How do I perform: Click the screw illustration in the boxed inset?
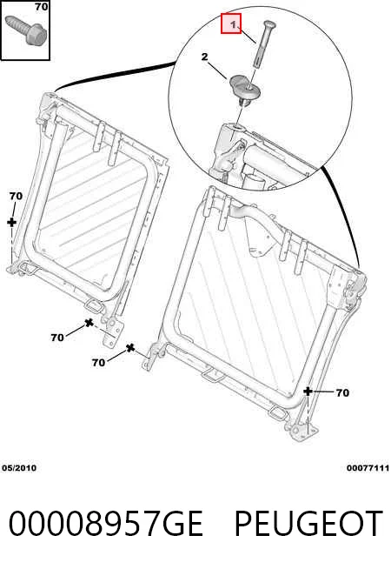(x=26, y=29)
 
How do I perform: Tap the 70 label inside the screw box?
(x=42, y=6)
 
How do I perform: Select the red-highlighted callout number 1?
(x=231, y=23)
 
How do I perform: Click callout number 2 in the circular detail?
(x=205, y=57)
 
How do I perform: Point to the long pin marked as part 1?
(x=264, y=44)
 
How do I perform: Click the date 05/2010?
(x=19, y=468)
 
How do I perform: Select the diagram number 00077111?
(x=368, y=468)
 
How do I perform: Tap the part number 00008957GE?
(x=105, y=523)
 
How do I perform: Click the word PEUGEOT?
(x=308, y=523)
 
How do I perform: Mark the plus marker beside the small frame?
(x=11, y=222)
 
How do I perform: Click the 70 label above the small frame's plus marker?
(x=16, y=196)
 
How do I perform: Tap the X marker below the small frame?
(x=89, y=322)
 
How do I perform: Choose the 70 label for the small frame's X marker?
(x=57, y=338)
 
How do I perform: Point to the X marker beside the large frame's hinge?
(x=130, y=348)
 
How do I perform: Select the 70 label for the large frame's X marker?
(x=98, y=362)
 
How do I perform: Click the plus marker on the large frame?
(x=308, y=392)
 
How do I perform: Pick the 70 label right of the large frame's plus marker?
(x=342, y=392)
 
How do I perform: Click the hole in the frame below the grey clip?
(x=237, y=127)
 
